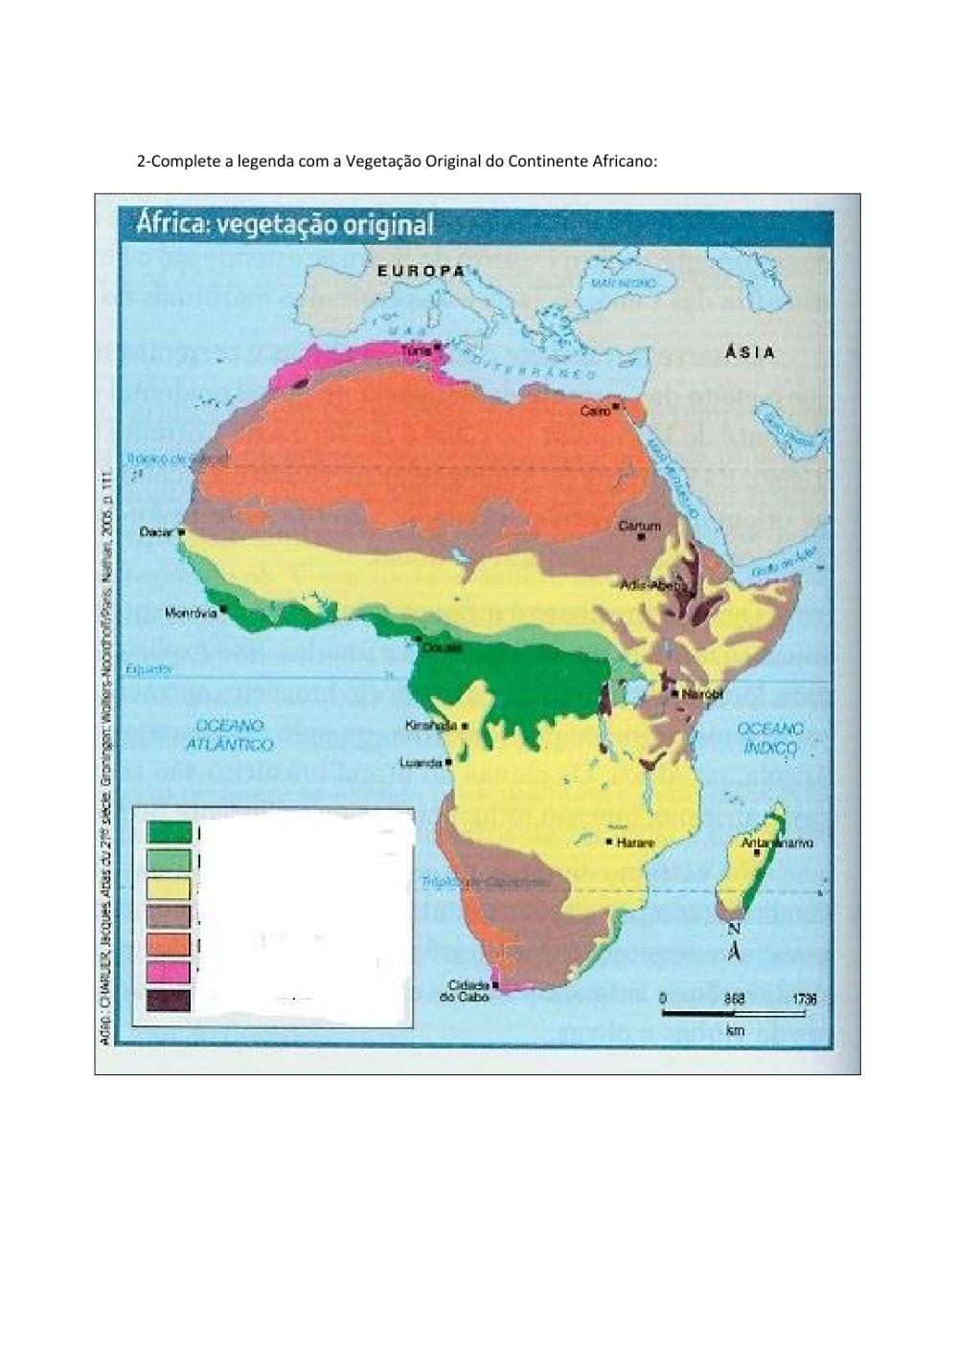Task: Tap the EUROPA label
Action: pos(420,271)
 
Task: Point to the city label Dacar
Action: pos(155,530)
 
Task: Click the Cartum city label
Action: pos(640,526)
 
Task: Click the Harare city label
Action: pos(636,843)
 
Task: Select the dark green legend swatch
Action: pos(169,833)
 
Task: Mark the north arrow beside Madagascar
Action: pos(733,942)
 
